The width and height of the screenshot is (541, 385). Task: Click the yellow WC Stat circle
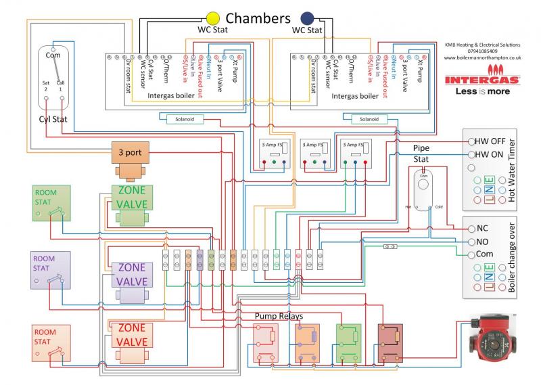click(213, 17)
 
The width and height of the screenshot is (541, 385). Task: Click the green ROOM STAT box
click(51, 204)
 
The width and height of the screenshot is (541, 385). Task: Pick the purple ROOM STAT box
click(51, 269)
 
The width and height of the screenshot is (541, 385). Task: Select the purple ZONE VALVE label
click(133, 275)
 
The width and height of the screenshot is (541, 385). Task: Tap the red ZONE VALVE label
click(133, 334)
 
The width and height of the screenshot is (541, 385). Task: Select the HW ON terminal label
click(488, 154)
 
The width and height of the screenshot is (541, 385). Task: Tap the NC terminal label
click(482, 229)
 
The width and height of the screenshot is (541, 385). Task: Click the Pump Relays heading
click(279, 316)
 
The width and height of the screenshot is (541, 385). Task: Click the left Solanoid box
click(184, 118)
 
